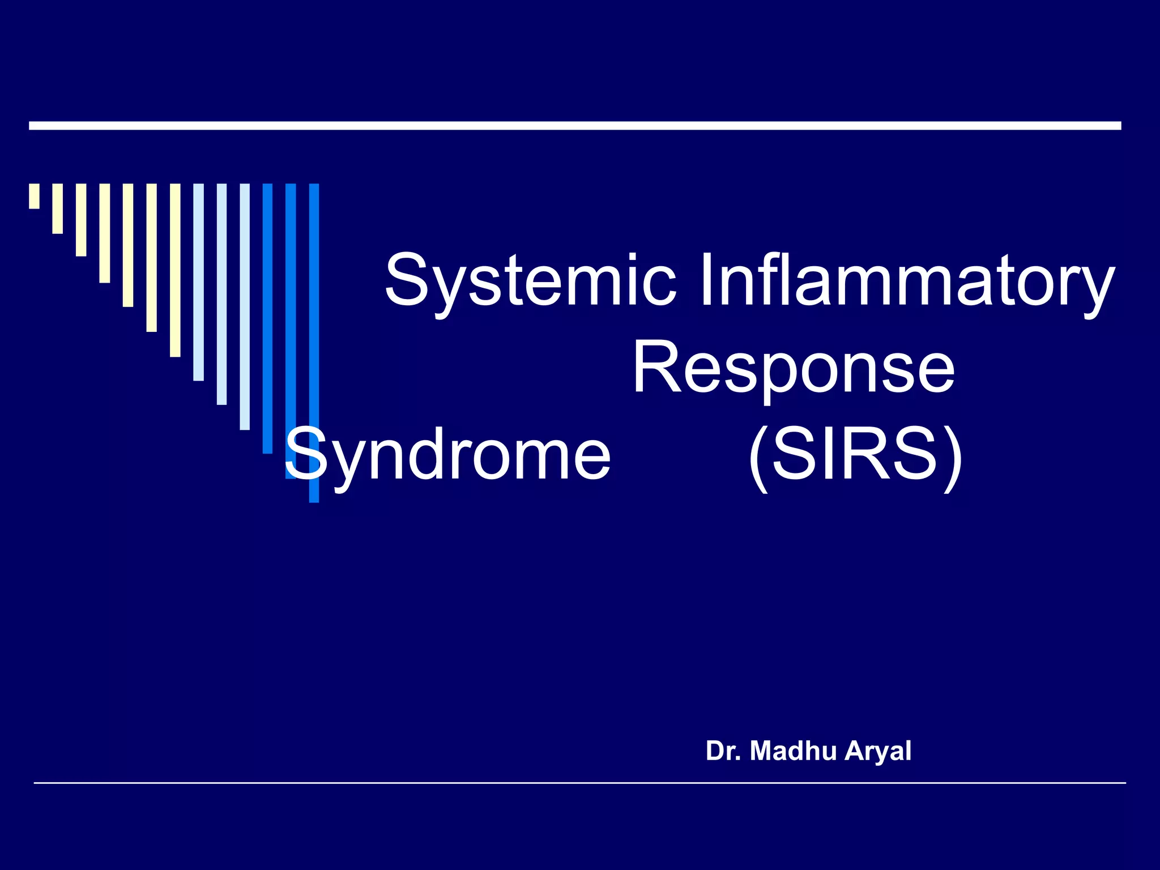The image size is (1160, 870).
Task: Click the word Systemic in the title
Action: coord(530,282)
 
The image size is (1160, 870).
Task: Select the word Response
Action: coord(794,368)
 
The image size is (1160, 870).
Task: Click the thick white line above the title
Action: coord(575,126)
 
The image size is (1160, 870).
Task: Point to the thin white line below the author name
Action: coord(579,783)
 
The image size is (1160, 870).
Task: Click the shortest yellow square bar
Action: coord(35,196)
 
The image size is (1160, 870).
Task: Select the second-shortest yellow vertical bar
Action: coord(58,208)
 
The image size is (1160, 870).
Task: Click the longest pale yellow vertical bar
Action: coord(175,270)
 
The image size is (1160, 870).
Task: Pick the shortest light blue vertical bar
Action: coord(198,282)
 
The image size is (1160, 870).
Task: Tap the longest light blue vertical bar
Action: coord(245,306)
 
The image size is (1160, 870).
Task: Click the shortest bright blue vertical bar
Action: coord(267,318)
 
